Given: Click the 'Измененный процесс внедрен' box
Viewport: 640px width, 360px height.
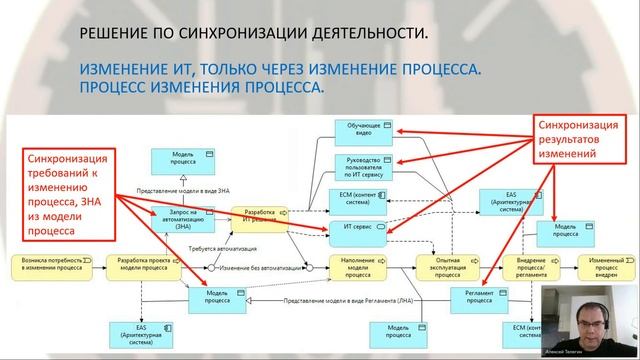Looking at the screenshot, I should click(x=610, y=267).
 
